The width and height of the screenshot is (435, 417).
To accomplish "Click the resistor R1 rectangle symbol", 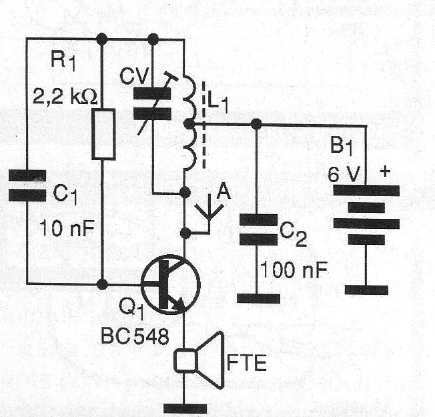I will coord(103,135).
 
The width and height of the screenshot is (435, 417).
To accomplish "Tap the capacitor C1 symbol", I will coord(27,185).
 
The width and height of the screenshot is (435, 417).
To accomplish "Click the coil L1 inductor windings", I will coord(189,123).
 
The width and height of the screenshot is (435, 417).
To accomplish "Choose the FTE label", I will coord(248,364).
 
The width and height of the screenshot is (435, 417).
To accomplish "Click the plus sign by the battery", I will coord(385,172).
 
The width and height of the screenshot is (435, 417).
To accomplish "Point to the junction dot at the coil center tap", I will coord(191,123).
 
